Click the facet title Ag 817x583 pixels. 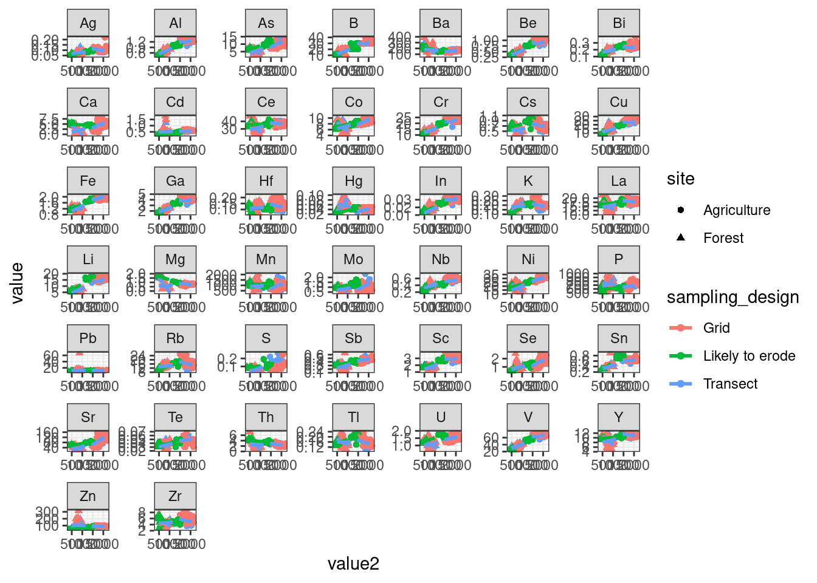point(88,23)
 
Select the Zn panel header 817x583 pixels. point(88,496)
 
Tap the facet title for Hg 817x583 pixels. point(353,181)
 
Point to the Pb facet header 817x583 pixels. point(88,338)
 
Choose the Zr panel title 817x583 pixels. point(175,496)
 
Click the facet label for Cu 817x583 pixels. point(619,102)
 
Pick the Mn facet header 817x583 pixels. point(266,259)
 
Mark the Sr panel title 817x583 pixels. point(88,417)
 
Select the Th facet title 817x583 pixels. point(266,417)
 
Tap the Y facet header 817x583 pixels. point(619,417)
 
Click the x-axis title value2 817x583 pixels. point(353,564)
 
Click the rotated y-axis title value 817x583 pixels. point(17,283)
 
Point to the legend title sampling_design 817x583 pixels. point(733,298)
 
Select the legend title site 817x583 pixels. point(680,179)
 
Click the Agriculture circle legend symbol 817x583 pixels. point(681,210)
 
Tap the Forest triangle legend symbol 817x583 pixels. point(681,237)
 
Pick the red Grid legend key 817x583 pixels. point(681,328)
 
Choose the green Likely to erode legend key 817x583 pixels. point(681,356)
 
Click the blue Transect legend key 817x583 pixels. point(681,384)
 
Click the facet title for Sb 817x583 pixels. point(353,338)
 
